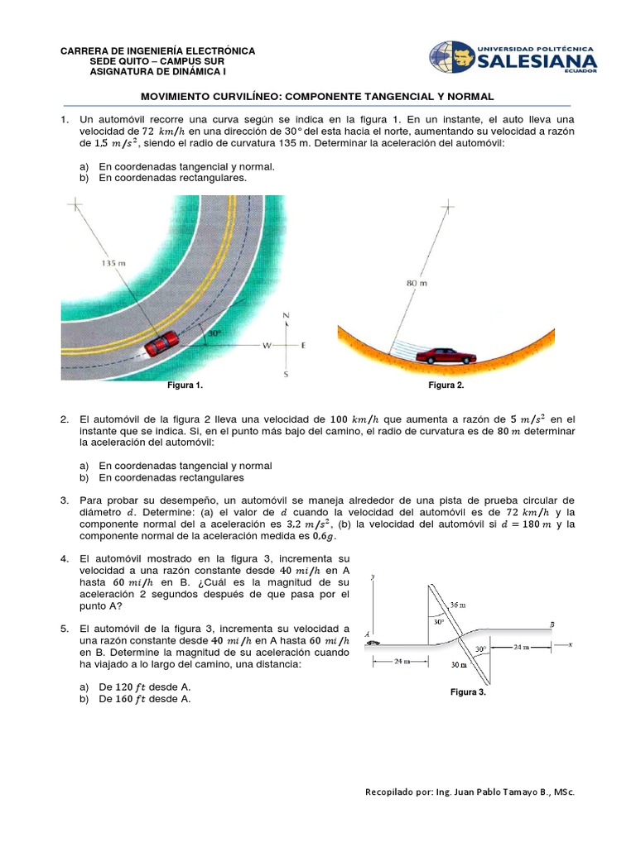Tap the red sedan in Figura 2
pyautogui.click(x=446, y=356)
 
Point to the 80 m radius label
pyautogui.click(x=417, y=283)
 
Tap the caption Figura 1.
pyautogui.click(x=185, y=385)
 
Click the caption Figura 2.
pyautogui.click(x=446, y=385)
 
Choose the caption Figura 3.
pyautogui.click(x=468, y=692)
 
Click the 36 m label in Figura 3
pyautogui.click(x=458, y=605)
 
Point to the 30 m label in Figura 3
pyautogui.click(x=458, y=664)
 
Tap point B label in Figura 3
pyautogui.click(x=552, y=624)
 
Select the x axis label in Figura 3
pyautogui.click(x=571, y=643)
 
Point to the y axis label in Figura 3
pyautogui.click(x=374, y=577)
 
